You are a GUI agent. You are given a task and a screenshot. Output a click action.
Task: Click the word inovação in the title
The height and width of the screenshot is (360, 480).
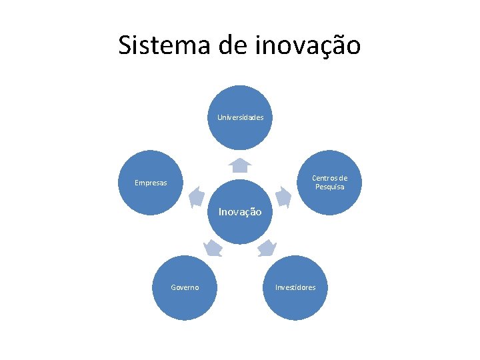click(x=308, y=45)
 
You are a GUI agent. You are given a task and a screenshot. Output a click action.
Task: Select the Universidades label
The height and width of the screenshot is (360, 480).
click(x=240, y=117)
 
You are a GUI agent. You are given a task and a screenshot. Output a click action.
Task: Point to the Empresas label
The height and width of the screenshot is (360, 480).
click(x=151, y=183)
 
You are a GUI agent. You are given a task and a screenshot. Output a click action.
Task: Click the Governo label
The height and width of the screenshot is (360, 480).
click(x=185, y=287)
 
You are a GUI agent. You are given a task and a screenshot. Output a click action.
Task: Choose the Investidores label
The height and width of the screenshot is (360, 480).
click(x=295, y=287)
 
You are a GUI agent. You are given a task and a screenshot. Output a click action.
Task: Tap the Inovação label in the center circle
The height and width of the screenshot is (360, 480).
click(x=240, y=212)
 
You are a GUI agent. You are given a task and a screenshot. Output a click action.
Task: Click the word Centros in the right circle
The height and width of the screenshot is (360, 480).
click(x=329, y=178)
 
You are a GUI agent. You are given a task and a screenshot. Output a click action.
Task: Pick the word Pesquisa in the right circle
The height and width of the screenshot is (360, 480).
click(x=330, y=187)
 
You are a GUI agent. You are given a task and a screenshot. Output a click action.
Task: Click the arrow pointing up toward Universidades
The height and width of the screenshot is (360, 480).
click(x=240, y=165)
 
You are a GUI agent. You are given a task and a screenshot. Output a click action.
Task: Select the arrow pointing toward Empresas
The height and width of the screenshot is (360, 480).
click(x=196, y=196)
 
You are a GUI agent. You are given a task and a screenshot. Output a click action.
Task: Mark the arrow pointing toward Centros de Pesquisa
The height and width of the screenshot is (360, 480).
click(x=283, y=196)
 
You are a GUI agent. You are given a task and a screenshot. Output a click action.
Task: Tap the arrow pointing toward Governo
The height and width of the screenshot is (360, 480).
click(x=213, y=248)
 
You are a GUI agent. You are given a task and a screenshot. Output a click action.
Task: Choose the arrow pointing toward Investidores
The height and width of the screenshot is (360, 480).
click(x=267, y=248)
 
